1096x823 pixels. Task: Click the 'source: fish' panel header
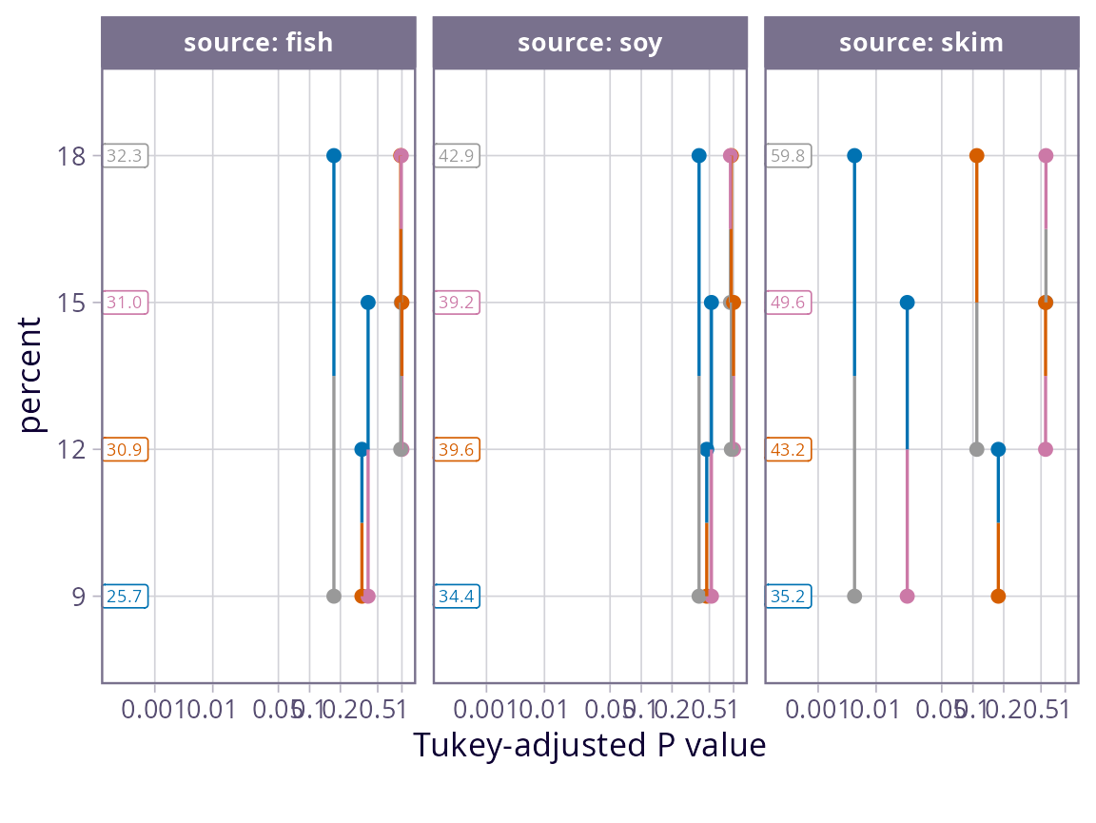pyautogui.click(x=258, y=43)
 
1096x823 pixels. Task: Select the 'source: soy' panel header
pyautogui.click(x=590, y=43)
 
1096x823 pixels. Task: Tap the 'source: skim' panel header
pyautogui.click(x=921, y=43)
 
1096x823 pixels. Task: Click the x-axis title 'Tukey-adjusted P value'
pyautogui.click(x=589, y=745)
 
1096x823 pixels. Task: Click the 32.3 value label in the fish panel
pyautogui.click(x=127, y=155)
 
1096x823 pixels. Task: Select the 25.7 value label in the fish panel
pyautogui.click(x=127, y=597)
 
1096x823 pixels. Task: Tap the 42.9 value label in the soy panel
pyautogui.click(x=458, y=155)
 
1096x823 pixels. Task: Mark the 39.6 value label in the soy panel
pyautogui.click(x=458, y=449)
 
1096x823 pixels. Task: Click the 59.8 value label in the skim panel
pyautogui.click(x=790, y=155)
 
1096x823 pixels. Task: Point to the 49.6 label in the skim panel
pyautogui.click(x=790, y=303)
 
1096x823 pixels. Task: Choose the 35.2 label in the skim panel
pyautogui.click(x=790, y=597)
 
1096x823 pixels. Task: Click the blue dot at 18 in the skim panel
pyautogui.click(x=854, y=155)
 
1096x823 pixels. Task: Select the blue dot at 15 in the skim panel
pyautogui.click(x=907, y=303)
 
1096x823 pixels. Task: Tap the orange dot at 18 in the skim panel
pyautogui.click(x=976, y=155)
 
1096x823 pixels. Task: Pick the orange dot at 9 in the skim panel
pyautogui.click(x=998, y=597)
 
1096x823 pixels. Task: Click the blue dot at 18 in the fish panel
pyautogui.click(x=334, y=155)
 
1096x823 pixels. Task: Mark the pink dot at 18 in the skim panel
pyautogui.click(x=1046, y=155)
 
